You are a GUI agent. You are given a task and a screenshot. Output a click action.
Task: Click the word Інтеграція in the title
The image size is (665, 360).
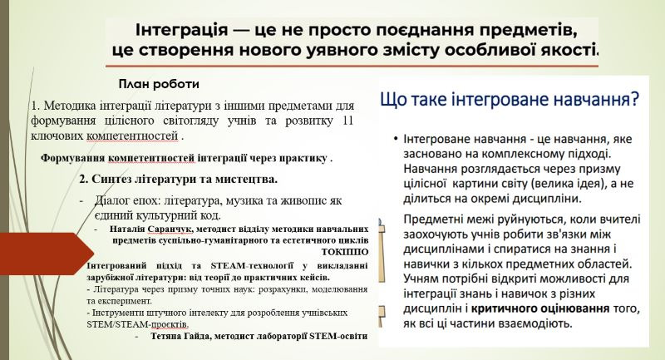[181, 30]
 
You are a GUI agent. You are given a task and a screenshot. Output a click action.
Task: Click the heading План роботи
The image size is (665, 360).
[159, 84]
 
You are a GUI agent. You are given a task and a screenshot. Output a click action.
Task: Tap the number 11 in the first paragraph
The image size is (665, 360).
[347, 121]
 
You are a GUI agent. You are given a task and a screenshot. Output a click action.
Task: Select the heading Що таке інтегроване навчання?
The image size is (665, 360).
[509, 100]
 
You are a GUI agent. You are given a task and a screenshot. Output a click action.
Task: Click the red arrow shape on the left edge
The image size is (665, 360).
[47, 254]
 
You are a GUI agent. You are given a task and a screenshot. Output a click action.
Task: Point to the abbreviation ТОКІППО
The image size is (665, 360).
[345, 252]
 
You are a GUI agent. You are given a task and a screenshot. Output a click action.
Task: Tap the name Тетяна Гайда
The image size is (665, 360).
[180, 336]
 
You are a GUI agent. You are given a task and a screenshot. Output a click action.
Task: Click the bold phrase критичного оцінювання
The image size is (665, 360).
[540, 308]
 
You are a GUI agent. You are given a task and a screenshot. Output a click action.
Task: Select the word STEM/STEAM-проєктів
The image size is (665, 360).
[137, 325]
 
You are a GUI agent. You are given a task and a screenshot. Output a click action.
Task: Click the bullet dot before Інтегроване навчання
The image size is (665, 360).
[396, 139]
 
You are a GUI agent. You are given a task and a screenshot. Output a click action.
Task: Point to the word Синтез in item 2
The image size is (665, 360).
[111, 180]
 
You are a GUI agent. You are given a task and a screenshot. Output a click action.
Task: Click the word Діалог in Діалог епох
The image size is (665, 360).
[111, 200]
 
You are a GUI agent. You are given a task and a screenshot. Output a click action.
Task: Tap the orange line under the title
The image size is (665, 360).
[352, 66]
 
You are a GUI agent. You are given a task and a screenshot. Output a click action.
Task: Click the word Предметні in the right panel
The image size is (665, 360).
[431, 219]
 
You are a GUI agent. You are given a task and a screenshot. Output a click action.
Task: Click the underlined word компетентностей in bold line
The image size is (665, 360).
[151, 159]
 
